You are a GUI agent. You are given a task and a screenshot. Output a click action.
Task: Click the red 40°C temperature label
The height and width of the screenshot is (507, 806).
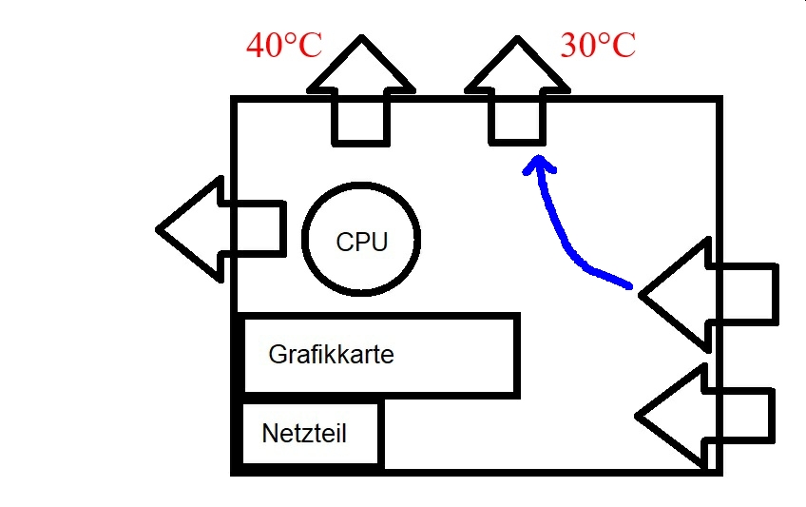tap(284, 45)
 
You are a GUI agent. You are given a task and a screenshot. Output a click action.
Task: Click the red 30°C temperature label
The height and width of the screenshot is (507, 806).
tap(598, 45)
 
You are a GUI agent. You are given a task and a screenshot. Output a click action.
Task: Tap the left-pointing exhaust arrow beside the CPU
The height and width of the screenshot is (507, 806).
tap(221, 229)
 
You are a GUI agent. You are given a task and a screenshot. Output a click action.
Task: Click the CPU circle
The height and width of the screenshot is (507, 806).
tap(361, 238)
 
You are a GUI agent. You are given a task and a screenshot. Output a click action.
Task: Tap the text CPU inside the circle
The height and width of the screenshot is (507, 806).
tap(362, 243)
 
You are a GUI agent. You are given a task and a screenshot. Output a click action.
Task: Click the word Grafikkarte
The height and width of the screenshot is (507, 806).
tap(331, 355)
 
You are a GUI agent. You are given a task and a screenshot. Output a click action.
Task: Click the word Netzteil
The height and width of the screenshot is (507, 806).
tap(304, 435)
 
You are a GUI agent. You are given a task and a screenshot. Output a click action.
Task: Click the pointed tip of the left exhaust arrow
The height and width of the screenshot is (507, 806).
tap(160, 229)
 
